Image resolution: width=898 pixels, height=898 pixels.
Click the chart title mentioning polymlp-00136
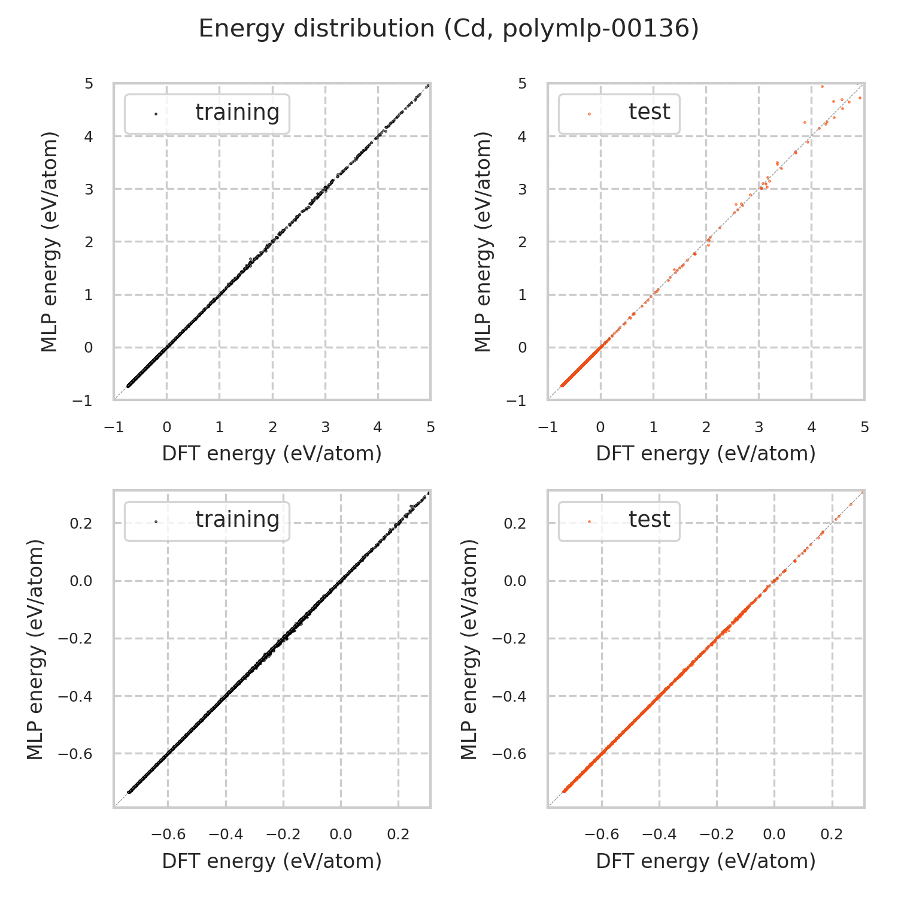tap(448, 29)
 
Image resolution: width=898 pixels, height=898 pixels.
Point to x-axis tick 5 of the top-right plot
tap(864, 427)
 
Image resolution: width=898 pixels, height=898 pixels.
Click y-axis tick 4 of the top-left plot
tap(89, 136)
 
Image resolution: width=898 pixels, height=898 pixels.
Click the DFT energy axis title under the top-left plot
tap(272, 454)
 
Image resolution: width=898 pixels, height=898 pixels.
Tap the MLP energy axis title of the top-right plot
tap(483, 241)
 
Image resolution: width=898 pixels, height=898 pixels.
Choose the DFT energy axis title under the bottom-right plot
tap(706, 861)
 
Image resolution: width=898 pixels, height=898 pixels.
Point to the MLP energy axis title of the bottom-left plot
tap(36, 649)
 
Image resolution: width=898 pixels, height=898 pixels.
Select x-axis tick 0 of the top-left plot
tap(166, 427)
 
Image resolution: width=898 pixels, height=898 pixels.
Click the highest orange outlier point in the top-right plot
tap(822, 86)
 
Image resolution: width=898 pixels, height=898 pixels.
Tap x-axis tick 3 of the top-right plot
tap(759, 427)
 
